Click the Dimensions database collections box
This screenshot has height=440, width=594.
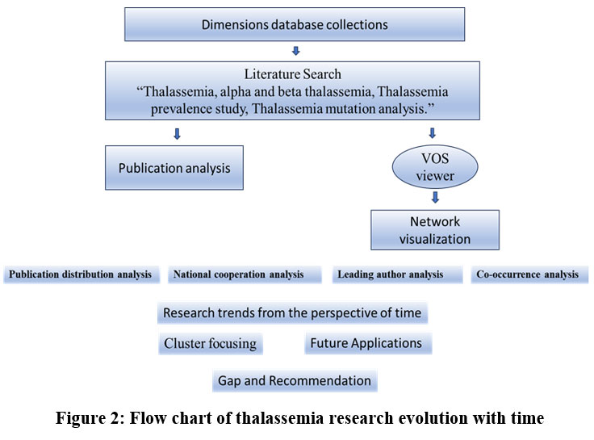point(294,24)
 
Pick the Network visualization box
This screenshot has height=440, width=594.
point(435,229)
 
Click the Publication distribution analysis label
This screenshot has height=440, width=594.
point(82,274)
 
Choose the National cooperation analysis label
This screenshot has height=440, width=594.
point(238,274)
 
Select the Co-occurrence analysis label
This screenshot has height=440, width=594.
point(530,274)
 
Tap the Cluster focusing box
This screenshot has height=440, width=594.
point(211,343)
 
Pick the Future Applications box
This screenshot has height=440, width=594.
point(368,343)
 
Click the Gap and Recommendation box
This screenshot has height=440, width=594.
point(295,380)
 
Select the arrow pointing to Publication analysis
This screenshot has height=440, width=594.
point(177,133)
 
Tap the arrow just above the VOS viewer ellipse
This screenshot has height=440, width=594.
point(433,133)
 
